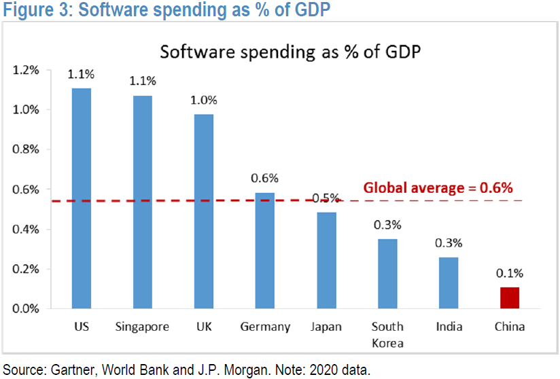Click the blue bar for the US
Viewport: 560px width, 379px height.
[x=82, y=198]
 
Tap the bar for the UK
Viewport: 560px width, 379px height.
[x=204, y=211]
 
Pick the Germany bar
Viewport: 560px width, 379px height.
[x=265, y=251]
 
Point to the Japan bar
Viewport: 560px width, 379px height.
[x=326, y=261]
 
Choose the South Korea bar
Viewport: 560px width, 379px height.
[x=387, y=274]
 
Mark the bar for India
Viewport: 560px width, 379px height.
[x=449, y=283]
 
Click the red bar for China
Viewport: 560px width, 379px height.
[x=510, y=298]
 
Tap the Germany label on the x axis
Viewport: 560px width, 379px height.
[x=265, y=327]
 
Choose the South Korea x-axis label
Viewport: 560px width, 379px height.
[x=387, y=334]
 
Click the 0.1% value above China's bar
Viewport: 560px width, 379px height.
[x=510, y=273]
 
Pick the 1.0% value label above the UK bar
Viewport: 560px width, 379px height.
[x=204, y=100]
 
